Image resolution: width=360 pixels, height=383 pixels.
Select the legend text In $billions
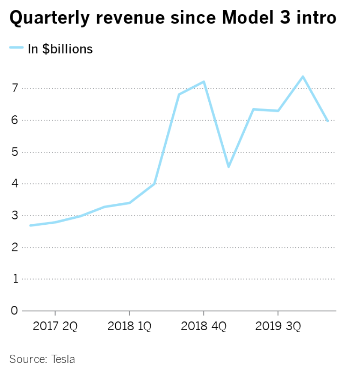click(60, 49)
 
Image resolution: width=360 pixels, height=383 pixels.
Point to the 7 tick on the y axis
click(14, 89)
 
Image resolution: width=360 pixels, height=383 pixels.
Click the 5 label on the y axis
click(14, 152)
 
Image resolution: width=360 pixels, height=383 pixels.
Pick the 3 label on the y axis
click(14, 216)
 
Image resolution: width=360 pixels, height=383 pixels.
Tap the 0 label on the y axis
click(14, 311)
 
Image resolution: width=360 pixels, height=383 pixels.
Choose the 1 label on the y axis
click(14, 279)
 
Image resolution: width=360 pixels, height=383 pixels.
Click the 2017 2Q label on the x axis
click(55, 326)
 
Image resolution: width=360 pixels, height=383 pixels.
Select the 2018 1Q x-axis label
click(129, 326)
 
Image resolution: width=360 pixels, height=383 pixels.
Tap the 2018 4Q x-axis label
click(204, 326)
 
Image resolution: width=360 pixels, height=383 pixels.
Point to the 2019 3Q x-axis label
click(278, 326)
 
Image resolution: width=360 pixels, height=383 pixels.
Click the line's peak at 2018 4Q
click(204, 81)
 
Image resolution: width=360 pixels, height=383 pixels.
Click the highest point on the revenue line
click(303, 77)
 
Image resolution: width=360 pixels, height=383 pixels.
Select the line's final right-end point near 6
click(328, 121)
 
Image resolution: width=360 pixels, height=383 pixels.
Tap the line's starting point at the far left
click(30, 225)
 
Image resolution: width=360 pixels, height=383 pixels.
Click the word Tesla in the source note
click(63, 359)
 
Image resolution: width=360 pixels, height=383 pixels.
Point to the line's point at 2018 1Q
click(129, 203)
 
